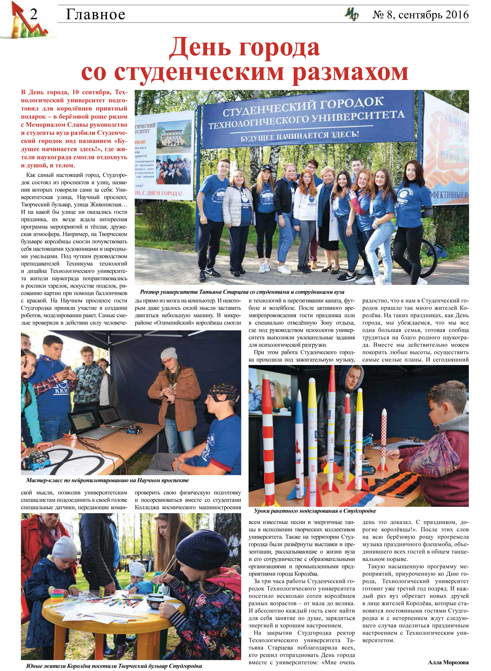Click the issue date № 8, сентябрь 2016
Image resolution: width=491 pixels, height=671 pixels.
point(421,15)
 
